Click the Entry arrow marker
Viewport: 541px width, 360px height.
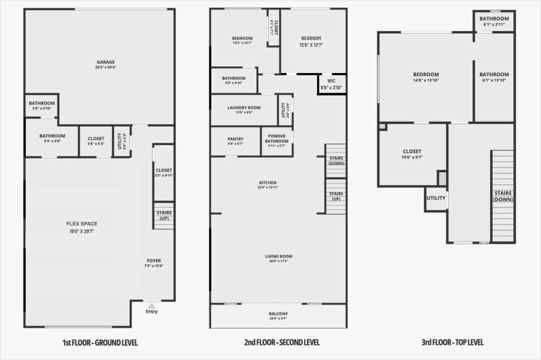click(x=152, y=306)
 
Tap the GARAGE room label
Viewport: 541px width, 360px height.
click(x=105, y=62)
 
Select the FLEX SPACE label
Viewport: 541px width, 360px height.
click(x=82, y=224)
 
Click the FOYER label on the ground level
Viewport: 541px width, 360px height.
click(x=154, y=261)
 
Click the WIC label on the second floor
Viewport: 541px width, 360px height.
click(x=331, y=81)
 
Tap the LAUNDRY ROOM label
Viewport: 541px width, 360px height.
click(x=244, y=108)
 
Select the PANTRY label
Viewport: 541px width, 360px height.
click(x=235, y=139)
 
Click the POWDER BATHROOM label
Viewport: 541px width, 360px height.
click(x=276, y=139)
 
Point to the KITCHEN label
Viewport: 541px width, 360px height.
click(x=268, y=183)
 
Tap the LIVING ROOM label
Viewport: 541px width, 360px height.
click(x=278, y=257)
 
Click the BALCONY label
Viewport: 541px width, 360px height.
click(x=278, y=314)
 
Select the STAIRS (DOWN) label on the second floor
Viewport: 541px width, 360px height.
click(x=336, y=161)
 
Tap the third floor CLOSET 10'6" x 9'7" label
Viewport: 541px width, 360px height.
click(x=412, y=152)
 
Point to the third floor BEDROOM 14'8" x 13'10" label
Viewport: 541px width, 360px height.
click(x=426, y=75)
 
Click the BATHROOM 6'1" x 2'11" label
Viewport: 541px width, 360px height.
click(x=494, y=19)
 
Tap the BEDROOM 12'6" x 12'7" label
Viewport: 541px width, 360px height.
click(x=311, y=39)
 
